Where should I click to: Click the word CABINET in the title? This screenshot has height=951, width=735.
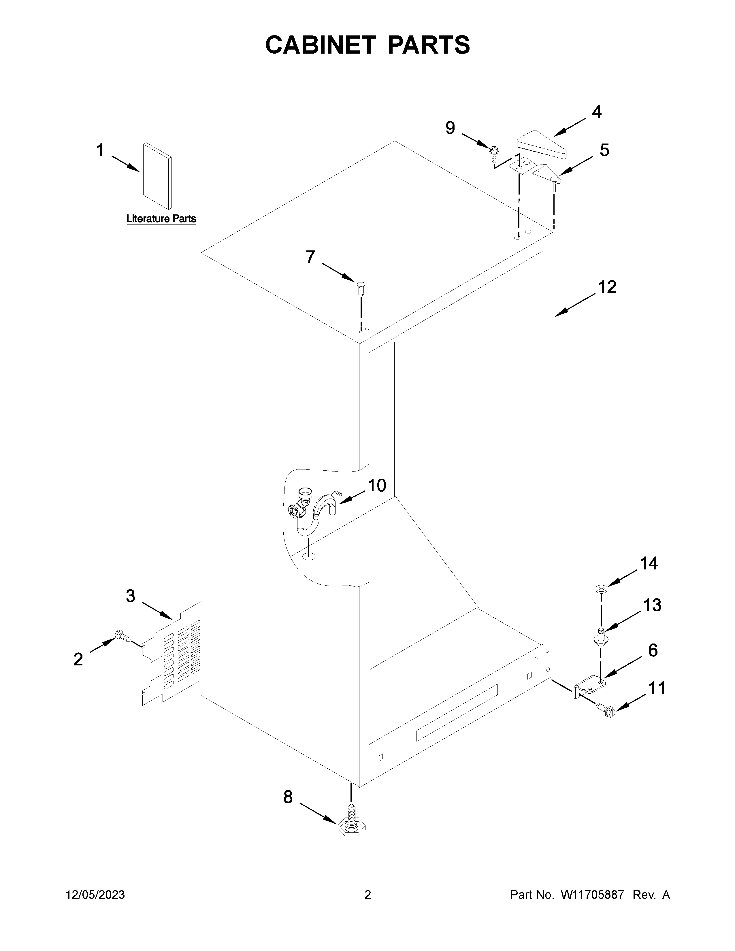pos(320,45)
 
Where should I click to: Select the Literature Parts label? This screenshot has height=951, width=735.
pos(161,219)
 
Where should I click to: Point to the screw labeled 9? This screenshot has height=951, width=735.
pos(494,151)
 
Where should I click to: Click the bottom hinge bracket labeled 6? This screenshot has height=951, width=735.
pos(589,687)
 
